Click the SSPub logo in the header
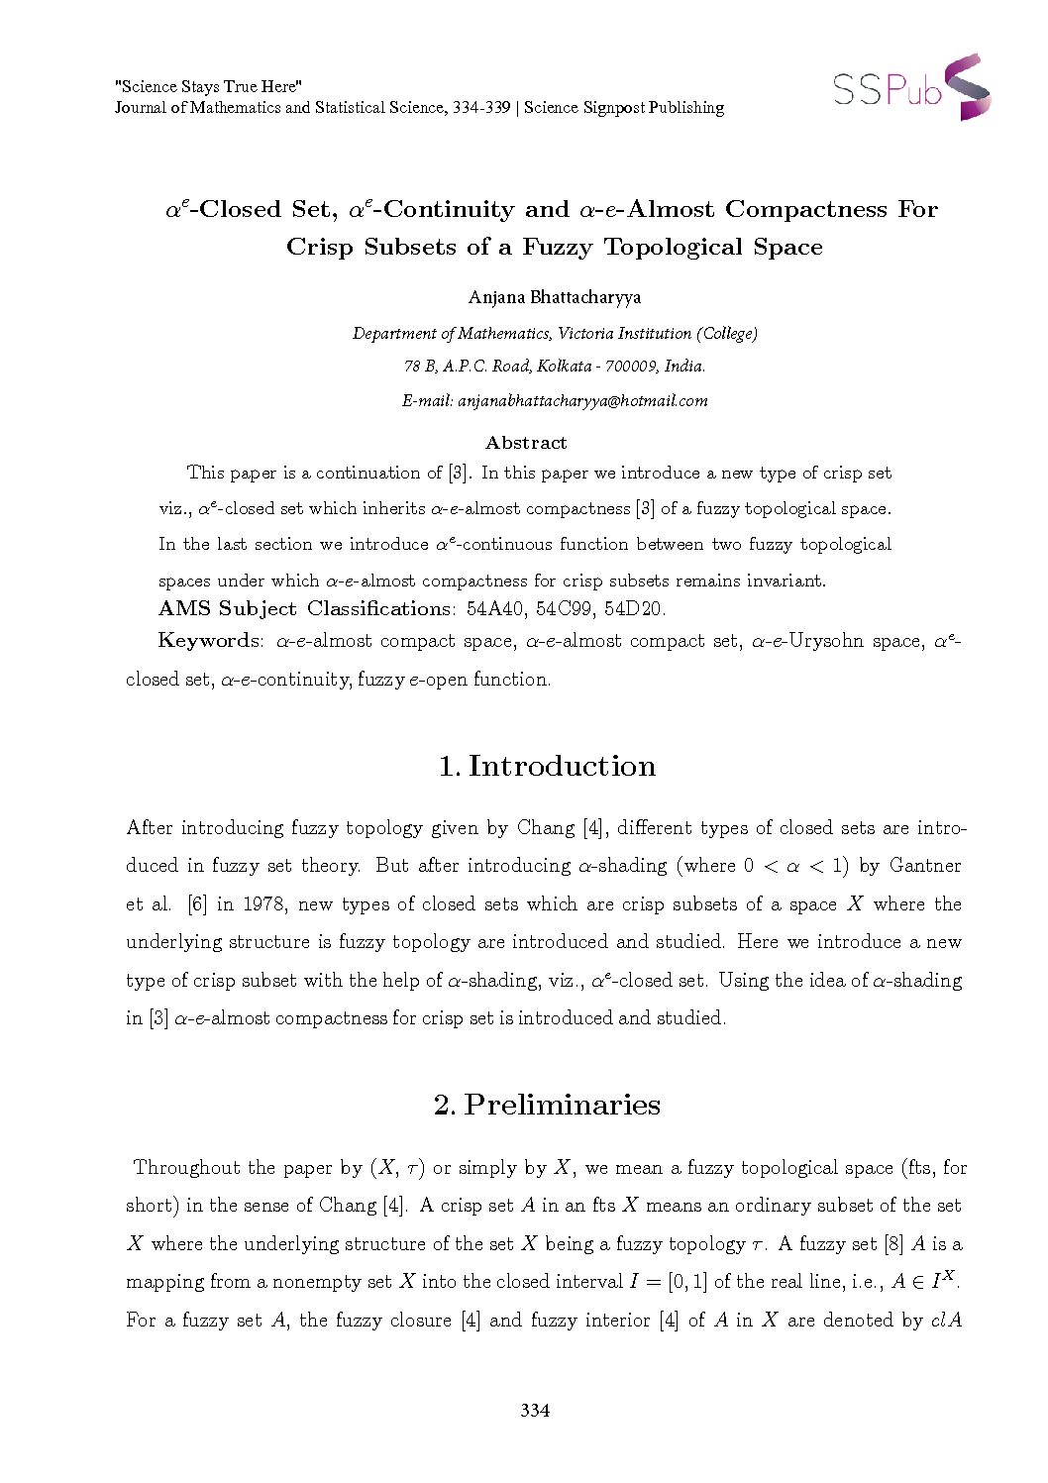pos(911,88)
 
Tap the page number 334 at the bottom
pos(535,1410)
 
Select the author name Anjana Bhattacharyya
pos(555,296)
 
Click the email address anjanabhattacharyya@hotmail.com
pos(581,400)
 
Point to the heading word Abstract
pos(526,442)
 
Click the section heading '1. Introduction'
pos(547,766)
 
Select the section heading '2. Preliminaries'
pos(547,1104)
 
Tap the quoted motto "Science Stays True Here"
pos(209,87)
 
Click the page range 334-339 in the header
pos(480,108)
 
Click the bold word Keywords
pos(209,641)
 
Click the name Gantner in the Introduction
pos(925,865)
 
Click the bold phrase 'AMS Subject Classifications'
pos(304,608)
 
